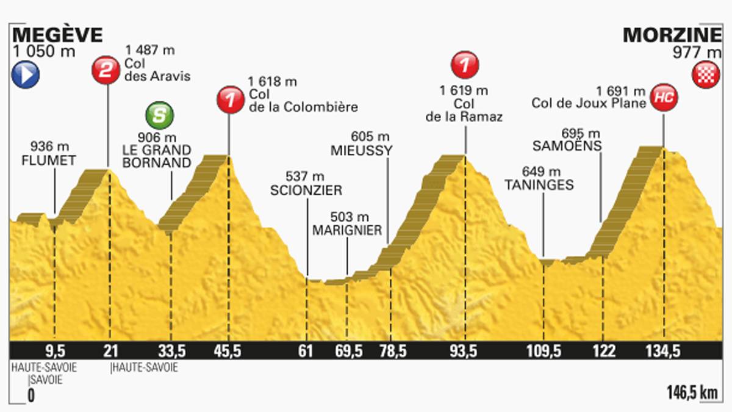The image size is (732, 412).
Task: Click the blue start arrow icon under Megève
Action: point(25,76)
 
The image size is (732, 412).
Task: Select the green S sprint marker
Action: point(159,115)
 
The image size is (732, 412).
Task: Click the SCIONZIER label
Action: point(306,190)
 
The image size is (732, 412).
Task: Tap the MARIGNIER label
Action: point(346,230)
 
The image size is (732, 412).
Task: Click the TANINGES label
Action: point(539,186)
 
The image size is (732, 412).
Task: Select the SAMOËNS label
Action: point(567,146)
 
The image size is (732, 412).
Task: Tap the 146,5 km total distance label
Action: point(691,394)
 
